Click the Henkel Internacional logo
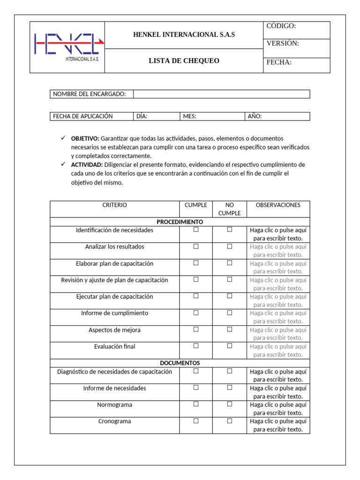click(67, 47)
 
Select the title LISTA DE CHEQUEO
click(184, 61)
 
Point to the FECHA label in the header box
click(279, 62)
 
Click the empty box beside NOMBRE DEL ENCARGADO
click(221, 94)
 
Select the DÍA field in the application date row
click(157, 116)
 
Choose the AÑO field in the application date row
click(277, 116)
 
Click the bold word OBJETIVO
click(85, 139)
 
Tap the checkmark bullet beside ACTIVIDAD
click(63, 165)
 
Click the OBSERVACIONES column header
click(278, 205)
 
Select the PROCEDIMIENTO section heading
click(180, 222)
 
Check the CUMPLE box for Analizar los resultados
click(196, 246)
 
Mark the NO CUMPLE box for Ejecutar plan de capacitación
click(230, 296)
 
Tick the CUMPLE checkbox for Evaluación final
click(196, 345)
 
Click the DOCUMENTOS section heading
click(180, 363)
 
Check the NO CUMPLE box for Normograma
click(230, 404)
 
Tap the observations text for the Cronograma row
click(278, 425)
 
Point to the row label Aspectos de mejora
click(114, 330)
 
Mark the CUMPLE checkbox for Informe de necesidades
click(196, 387)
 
